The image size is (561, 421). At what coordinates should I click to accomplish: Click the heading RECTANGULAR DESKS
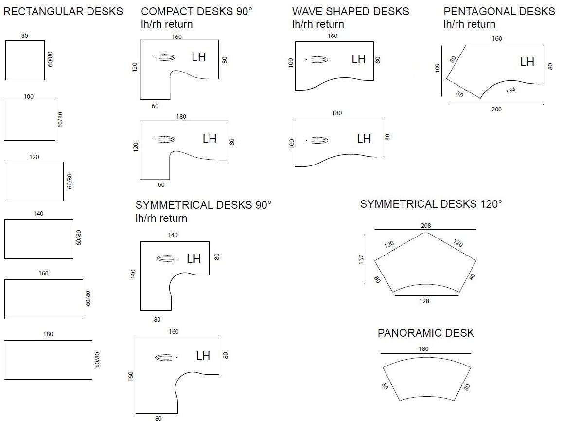click(x=63, y=12)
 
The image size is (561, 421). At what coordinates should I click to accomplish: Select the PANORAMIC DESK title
click(x=426, y=333)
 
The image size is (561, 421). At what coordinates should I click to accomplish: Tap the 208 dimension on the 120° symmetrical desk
click(x=426, y=225)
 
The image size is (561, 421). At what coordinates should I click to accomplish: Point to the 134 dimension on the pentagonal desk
click(x=510, y=91)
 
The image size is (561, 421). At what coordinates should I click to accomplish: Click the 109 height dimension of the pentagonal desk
click(x=437, y=68)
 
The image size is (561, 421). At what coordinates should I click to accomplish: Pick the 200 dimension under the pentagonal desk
click(x=496, y=110)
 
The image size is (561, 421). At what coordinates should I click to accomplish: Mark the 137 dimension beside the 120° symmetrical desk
click(x=361, y=259)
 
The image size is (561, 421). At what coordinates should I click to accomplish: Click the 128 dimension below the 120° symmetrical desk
click(x=424, y=301)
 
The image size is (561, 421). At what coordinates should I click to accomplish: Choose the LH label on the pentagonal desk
click(x=527, y=62)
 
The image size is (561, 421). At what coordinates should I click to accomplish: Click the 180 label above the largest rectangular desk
click(x=48, y=334)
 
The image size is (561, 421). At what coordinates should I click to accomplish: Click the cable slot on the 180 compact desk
click(x=166, y=139)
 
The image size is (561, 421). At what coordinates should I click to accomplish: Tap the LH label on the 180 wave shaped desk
click(x=364, y=139)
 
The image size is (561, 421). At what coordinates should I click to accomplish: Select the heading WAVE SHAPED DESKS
click(x=351, y=12)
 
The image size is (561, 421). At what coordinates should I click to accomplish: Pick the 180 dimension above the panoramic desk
click(x=423, y=348)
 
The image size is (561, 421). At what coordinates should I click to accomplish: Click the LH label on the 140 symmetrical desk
click(x=193, y=259)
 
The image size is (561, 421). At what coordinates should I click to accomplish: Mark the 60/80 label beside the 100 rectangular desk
click(x=60, y=120)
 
